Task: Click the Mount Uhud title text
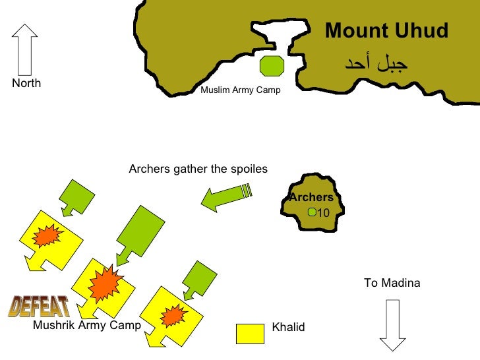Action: [386, 31]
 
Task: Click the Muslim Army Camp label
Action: [241, 90]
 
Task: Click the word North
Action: [26, 83]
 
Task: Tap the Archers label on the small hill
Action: [311, 198]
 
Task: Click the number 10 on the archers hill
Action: [323, 212]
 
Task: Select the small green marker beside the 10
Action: [313, 212]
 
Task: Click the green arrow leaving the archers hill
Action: [226, 196]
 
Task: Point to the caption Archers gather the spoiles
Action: [198, 169]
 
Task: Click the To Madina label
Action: [392, 283]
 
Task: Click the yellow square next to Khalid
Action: [250, 333]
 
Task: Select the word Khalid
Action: [288, 327]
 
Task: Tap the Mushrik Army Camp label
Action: [87, 325]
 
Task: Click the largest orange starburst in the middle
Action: [104, 284]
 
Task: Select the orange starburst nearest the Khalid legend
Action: [172, 315]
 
